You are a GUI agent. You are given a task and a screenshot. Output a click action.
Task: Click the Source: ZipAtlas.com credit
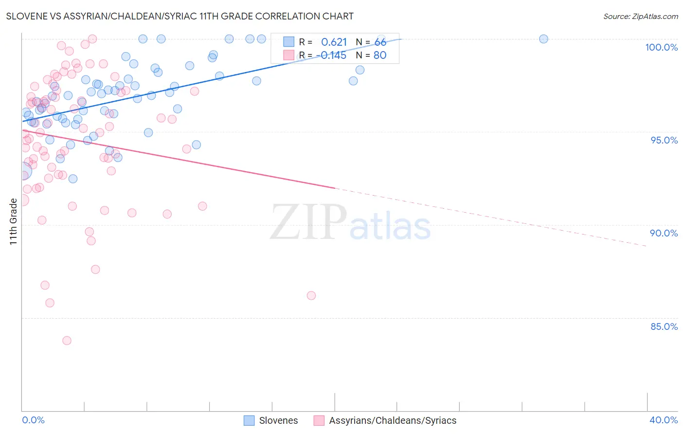(640, 16)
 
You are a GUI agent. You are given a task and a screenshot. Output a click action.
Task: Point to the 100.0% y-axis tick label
(661, 47)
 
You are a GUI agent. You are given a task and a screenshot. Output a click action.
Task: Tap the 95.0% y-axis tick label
(664, 140)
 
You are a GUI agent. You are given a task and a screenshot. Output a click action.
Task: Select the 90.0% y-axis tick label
(664, 233)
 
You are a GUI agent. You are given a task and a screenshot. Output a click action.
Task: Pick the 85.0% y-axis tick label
(664, 326)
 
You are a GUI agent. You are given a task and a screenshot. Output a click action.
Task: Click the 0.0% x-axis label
(33, 420)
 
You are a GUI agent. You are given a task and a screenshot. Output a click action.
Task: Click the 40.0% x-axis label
(664, 420)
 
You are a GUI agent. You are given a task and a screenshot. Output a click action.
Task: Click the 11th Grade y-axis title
(14, 222)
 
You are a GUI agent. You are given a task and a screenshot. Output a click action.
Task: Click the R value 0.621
(334, 42)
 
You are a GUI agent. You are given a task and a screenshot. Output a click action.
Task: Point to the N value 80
(379, 55)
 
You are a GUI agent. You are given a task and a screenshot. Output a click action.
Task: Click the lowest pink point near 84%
(67, 341)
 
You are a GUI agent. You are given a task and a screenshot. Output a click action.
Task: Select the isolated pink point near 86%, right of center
(311, 295)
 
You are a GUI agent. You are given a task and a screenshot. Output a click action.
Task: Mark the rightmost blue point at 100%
(544, 39)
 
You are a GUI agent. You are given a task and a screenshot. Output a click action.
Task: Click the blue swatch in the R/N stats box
(289, 42)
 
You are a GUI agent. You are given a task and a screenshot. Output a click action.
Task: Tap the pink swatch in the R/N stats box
(289, 55)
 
